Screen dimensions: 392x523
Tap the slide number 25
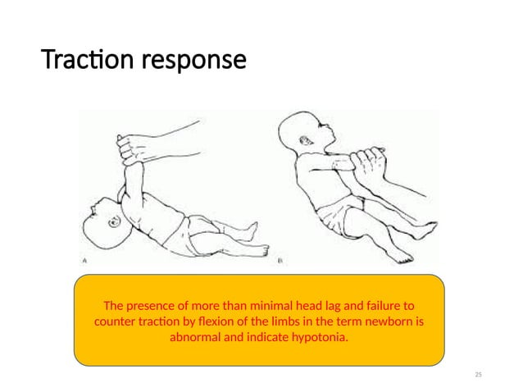[x=479, y=375]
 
